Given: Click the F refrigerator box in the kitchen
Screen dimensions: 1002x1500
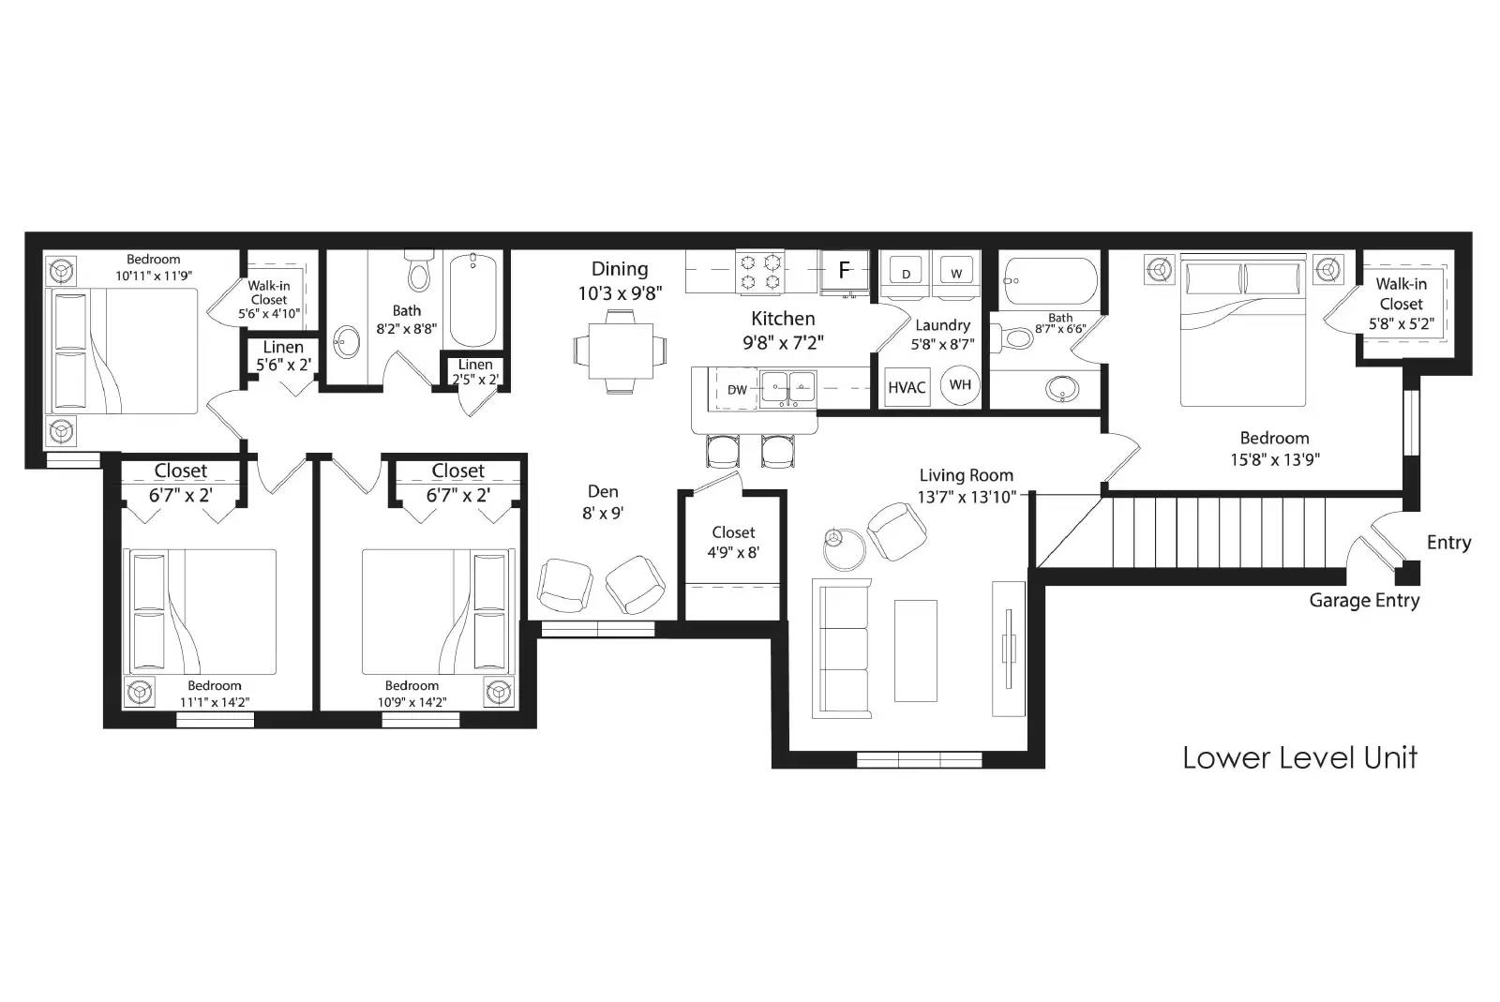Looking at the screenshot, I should click(x=844, y=271).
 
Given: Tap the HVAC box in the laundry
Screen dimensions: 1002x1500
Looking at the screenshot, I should click(x=907, y=387).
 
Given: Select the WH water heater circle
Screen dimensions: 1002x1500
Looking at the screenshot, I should click(x=960, y=385).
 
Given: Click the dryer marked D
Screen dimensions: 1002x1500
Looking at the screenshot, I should click(x=906, y=272).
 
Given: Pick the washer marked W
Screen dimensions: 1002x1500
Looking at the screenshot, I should click(x=956, y=272).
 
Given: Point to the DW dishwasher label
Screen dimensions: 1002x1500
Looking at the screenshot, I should click(x=738, y=390).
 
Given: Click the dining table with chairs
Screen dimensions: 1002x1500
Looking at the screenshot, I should click(x=621, y=350).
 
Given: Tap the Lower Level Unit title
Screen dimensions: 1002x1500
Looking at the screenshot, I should click(x=1299, y=757).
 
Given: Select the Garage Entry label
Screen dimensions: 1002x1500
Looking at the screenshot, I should click(x=1364, y=601).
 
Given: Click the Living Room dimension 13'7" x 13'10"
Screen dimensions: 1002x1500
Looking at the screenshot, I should click(x=966, y=497).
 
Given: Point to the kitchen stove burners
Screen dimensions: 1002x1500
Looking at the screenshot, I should click(x=760, y=271).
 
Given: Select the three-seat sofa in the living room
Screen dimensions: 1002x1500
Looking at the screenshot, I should click(x=841, y=649).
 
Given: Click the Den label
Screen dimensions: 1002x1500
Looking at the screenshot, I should click(x=603, y=491).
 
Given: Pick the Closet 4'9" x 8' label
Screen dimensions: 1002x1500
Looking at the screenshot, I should click(x=733, y=543).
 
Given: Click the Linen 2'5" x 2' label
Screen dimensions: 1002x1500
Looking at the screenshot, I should click(x=475, y=372).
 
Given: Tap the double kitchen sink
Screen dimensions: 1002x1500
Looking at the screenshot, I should click(x=787, y=387).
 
